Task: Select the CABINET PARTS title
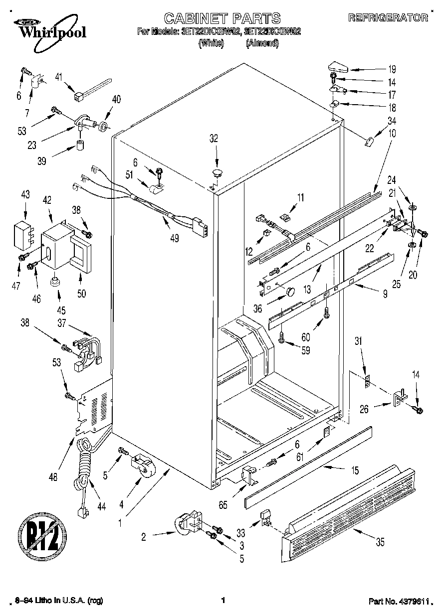coord(222,19)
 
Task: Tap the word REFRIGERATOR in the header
coord(388,18)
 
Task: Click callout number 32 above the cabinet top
coord(214,140)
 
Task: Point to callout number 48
coord(53,477)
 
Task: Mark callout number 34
coord(392,120)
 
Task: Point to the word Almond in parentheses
coord(262,43)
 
